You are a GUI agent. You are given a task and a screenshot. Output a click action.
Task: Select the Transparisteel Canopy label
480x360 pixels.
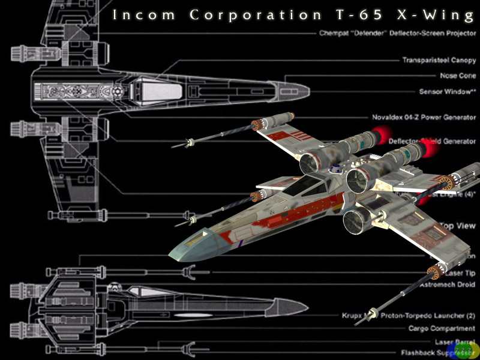[439, 60]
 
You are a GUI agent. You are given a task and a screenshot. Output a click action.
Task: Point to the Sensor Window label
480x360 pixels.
[447, 92]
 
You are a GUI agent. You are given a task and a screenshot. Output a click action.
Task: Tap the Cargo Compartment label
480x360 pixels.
[442, 328]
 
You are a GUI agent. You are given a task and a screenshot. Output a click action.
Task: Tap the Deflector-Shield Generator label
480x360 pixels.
[432, 142]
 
